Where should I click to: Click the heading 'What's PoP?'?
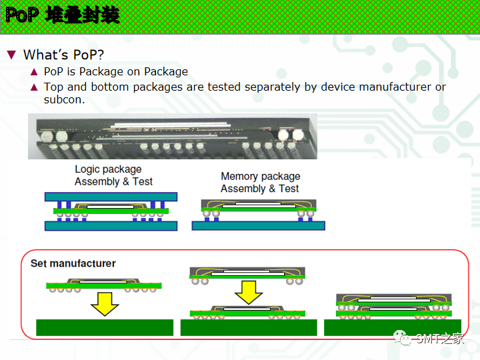(63, 55)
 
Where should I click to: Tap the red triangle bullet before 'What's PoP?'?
(11, 55)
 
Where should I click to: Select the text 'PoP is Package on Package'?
(116, 71)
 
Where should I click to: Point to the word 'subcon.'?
(64, 99)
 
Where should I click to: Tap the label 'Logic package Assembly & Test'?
(113, 176)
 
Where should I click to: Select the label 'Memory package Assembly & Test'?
(260, 182)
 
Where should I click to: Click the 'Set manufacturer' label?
(73, 263)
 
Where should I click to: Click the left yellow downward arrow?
(105, 303)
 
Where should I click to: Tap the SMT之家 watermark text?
(439, 339)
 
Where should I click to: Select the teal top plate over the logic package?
(111, 197)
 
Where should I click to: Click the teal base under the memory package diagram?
(258, 226)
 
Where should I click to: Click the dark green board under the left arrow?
(105, 327)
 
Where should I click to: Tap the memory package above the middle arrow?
(248, 273)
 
